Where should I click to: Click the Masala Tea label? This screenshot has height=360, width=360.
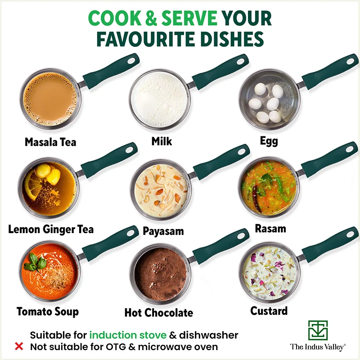click(50, 142)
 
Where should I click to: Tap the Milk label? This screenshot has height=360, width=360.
click(162, 141)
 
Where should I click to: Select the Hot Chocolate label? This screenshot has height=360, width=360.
click(158, 312)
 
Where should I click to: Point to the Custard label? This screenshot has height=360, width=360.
click(269, 310)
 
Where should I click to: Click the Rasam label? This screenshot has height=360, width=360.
click(270, 229)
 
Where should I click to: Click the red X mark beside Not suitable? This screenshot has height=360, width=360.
click(19, 346)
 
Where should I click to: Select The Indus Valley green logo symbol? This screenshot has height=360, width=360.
click(318, 330)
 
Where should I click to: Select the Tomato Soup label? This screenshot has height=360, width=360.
click(48, 311)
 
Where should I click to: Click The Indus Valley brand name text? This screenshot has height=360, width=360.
click(317, 347)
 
